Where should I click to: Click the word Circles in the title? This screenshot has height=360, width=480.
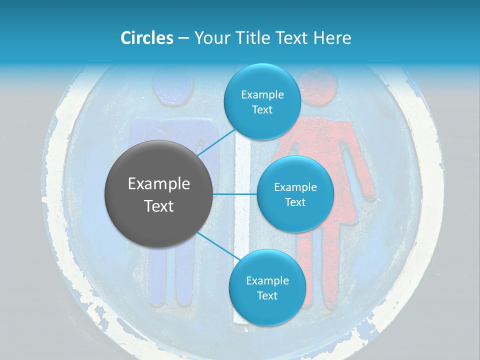[x=146, y=37]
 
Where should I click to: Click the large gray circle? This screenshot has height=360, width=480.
[x=159, y=194]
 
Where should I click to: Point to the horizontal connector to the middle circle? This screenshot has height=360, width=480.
[x=235, y=194]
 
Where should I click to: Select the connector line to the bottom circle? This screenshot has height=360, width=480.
[x=217, y=246]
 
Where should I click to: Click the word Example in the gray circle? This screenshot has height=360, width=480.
[x=159, y=184]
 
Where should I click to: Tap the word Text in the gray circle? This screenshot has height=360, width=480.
[x=159, y=206]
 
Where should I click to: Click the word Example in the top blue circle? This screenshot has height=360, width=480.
[x=262, y=95]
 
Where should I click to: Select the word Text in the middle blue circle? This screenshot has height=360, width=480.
[x=295, y=202]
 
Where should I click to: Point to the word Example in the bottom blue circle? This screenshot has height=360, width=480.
[x=267, y=280]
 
